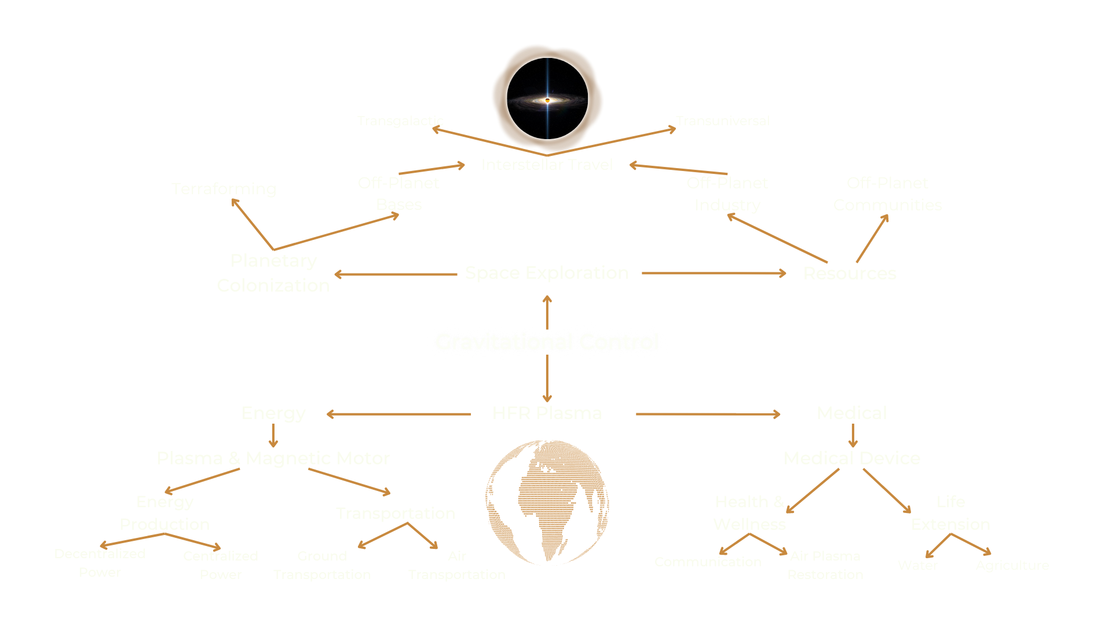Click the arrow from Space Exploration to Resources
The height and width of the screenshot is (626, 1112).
(714, 273)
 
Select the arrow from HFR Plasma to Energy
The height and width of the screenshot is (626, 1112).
(400, 414)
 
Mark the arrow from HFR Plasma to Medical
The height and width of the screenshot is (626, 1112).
(708, 414)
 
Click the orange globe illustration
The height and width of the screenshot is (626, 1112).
(547, 502)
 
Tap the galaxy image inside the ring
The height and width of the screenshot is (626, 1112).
(547, 99)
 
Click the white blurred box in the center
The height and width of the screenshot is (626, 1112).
(547, 341)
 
